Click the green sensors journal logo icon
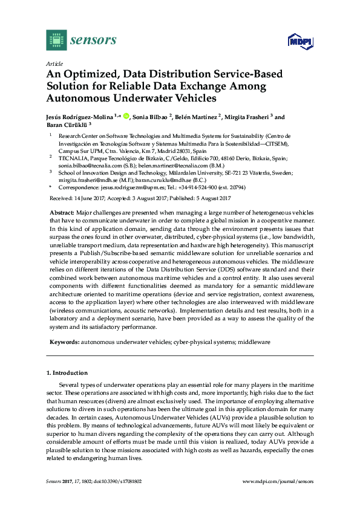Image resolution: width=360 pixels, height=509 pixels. point(56,41)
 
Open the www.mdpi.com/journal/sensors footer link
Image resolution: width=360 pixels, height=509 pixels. point(279,481)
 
